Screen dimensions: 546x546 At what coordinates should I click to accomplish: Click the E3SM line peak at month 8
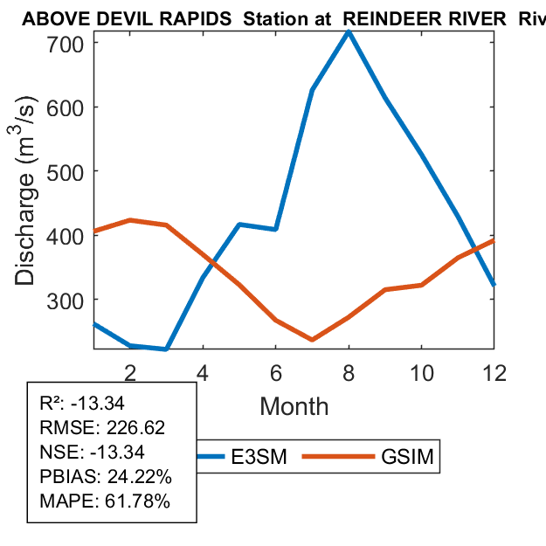point(349,31)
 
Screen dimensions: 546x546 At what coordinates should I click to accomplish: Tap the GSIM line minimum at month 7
point(312,339)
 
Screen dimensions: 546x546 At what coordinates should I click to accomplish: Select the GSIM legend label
point(408,457)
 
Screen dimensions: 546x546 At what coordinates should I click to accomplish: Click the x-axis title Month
point(294,406)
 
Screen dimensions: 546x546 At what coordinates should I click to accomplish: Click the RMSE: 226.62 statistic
point(102,428)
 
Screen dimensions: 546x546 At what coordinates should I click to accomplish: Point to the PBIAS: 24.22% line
point(106,477)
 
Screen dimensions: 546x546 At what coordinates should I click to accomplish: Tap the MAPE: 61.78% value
point(105,501)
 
